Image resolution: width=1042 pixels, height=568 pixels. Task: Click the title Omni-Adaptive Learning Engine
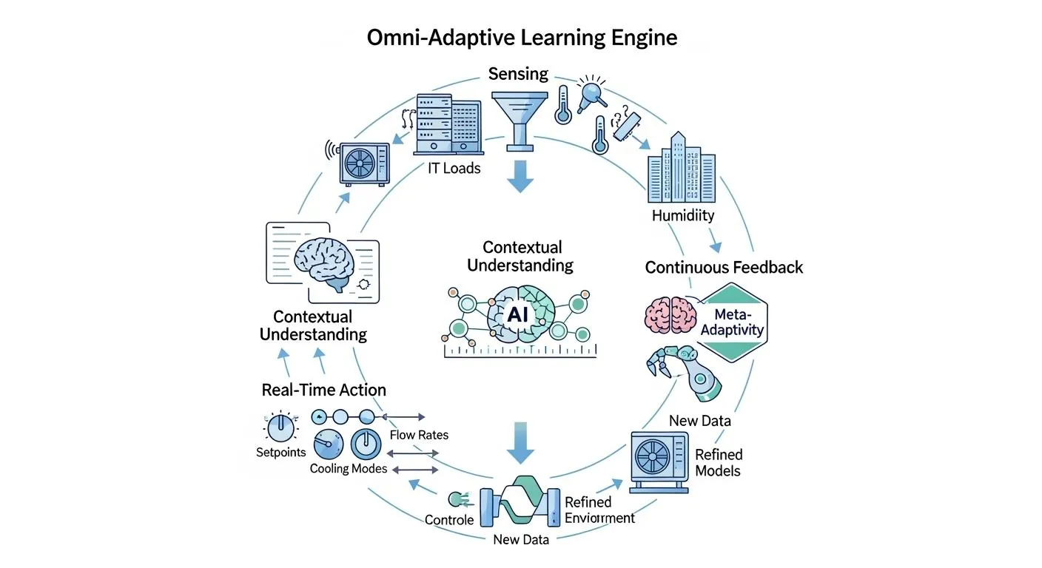tap(522, 37)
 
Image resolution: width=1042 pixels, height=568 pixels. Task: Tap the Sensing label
tap(518, 74)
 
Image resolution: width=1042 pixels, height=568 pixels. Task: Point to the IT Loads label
tap(454, 169)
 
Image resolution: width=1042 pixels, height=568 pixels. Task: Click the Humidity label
tap(683, 216)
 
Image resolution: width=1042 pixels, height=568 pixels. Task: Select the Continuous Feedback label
tap(724, 267)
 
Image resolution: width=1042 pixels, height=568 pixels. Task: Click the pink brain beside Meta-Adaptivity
tap(669, 314)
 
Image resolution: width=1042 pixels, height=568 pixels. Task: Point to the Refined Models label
tap(718, 462)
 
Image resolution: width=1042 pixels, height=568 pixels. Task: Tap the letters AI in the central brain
tap(515, 314)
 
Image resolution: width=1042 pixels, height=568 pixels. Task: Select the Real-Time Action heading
tap(323, 390)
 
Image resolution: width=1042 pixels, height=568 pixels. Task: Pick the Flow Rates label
tap(418, 435)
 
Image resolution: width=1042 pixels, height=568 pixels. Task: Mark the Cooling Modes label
tap(348, 469)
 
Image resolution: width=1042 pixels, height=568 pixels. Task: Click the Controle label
tap(449, 520)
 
